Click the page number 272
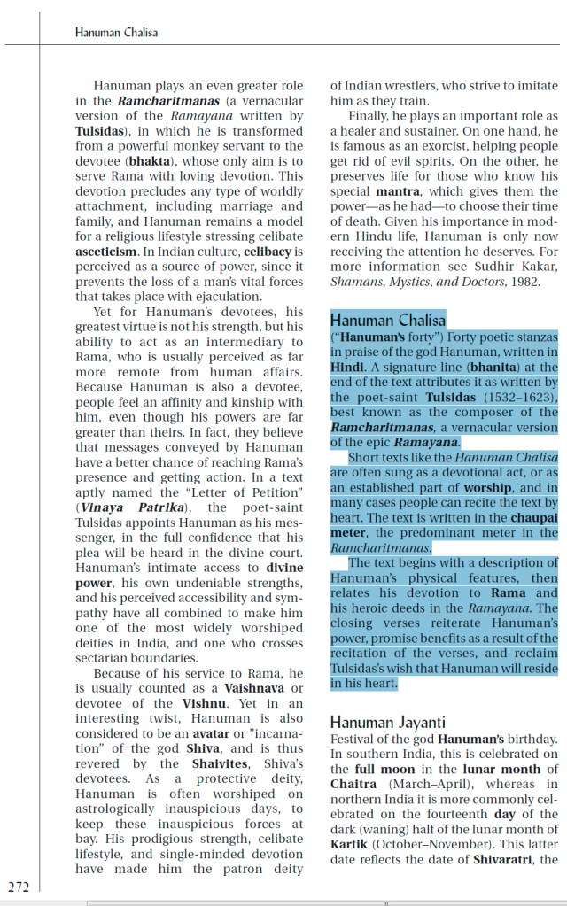pyautogui.click(x=18, y=886)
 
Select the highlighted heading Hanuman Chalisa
pyautogui.click(x=388, y=320)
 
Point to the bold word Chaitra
pyautogui.click(x=353, y=784)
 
